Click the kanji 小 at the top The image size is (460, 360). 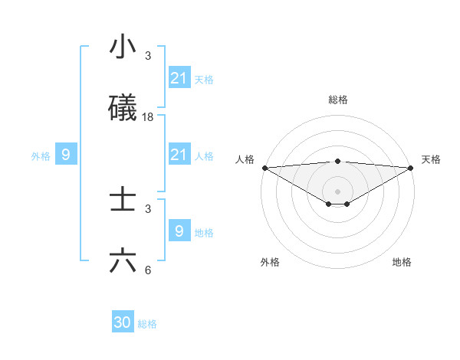tap(123, 47)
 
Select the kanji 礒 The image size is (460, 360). tap(123, 108)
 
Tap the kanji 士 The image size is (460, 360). tap(123, 201)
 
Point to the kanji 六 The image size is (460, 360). tap(123, 261)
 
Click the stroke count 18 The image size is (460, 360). tap(148, 116)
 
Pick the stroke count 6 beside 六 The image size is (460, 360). tap(148, 270)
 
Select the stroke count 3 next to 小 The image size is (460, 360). tap(148, 56)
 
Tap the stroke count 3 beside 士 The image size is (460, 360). tap(148, 209)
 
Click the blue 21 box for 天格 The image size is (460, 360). tap(179, 78)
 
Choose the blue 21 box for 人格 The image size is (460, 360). tap(179, 155)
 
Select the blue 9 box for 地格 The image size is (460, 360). tap(179, 231)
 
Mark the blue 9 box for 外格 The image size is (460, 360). tap(66, 155)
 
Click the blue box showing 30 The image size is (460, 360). tap(123, 322)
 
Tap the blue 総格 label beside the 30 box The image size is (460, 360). tap(147, 324)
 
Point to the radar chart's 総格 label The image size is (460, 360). tap(338, 100)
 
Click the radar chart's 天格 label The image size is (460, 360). tap(431, 159)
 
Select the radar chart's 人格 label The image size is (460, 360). tap(245, 159)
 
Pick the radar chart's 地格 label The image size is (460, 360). tap(402, 262)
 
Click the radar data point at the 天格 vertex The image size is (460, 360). tap(411, 168)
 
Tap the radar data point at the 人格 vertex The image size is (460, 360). tap(264, 168)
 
